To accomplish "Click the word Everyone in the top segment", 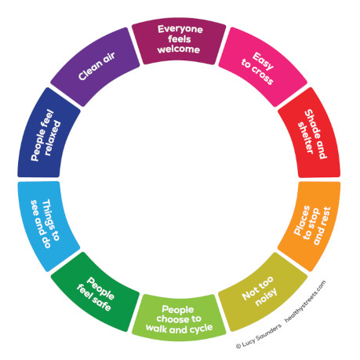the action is coord(180,29).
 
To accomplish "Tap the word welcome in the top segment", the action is coord(179,49).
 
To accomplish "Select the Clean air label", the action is coord(96,67).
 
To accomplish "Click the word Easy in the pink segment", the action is coord(264,61).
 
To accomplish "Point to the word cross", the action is coord(262,76).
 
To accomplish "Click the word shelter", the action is coord(305,137).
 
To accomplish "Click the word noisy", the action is coord(266,297).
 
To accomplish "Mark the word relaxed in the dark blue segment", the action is coord(53,138).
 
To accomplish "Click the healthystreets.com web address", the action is coord(305,301).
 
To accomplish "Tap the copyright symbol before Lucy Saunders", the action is coord(238,347).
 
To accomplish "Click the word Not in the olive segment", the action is coord(249,294).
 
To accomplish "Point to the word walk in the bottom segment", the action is coord(156,328).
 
